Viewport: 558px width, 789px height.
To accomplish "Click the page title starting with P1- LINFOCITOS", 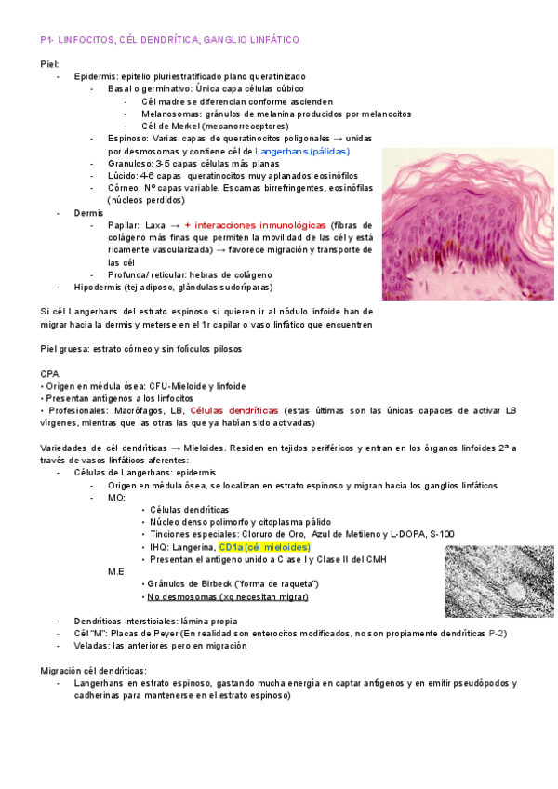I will (169, 41).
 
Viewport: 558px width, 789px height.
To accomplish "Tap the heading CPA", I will (49, 373).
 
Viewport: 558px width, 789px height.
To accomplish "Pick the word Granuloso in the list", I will (128, 163).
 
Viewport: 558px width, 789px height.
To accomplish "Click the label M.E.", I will (117, 571).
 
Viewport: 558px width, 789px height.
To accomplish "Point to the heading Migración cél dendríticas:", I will (93, 670).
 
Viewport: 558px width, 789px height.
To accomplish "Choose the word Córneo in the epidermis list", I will (124, 187).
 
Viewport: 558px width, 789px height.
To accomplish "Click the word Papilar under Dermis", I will (125, 225).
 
